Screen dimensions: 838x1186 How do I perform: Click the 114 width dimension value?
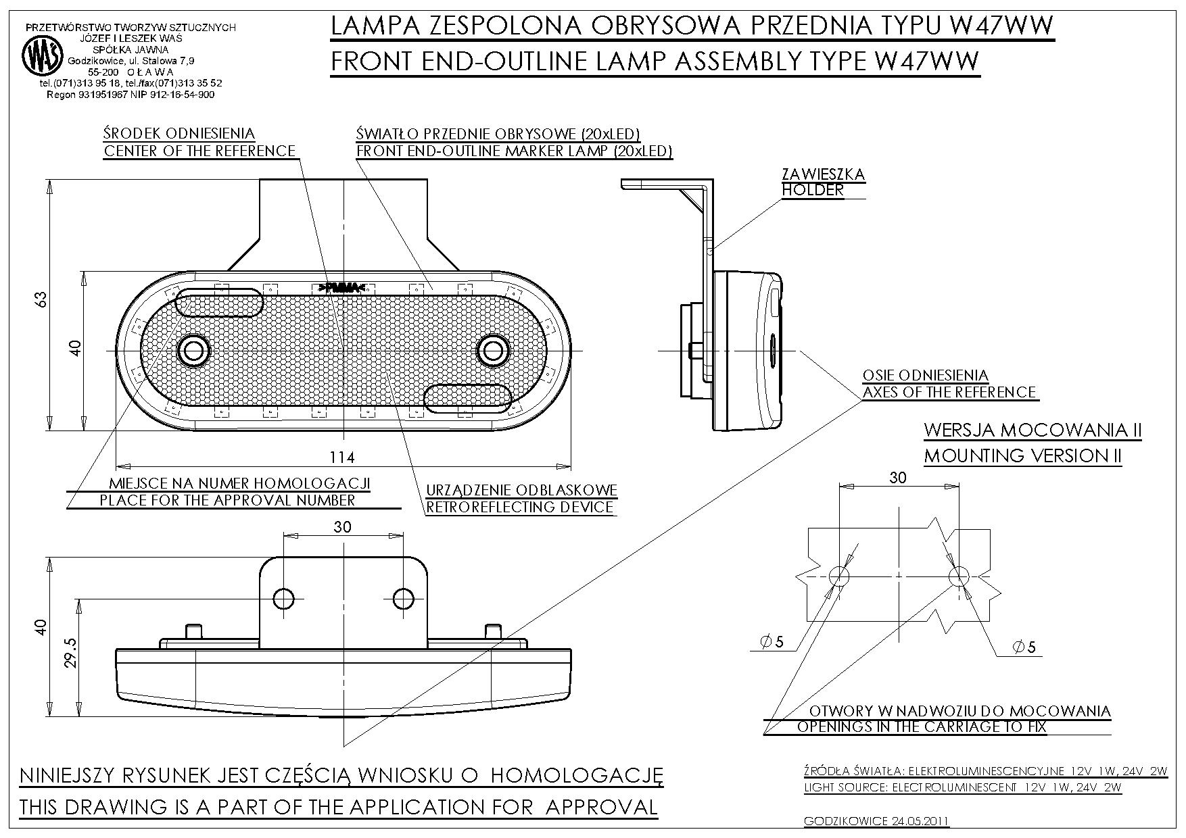pos(342,458)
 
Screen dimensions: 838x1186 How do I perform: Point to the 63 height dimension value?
pos(42,299)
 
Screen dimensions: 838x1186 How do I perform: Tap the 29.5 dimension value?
pos(70,654)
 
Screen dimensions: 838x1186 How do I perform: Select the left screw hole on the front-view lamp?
pos(195,350)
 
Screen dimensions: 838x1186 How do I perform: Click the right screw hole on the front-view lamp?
pos(493,350)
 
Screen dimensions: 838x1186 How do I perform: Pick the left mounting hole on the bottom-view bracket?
pos(283,598)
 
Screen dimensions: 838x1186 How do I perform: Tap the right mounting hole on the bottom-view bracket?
pos(404,598)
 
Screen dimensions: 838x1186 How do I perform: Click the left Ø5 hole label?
pos(772,642)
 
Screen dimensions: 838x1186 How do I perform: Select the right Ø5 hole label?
pos(1024,647)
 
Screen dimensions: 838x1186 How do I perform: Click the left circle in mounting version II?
pos(838,576)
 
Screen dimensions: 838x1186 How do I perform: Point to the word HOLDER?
pos(813,190)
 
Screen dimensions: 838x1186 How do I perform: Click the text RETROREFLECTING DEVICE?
pos(519,507)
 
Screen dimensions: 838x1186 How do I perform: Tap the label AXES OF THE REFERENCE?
pos(949,392)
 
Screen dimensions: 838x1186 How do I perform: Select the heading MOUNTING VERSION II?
pos(1022,455)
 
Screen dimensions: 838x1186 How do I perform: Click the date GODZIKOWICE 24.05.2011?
pos(876,822)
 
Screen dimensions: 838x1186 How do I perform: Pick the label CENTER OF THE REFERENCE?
pos(199,151)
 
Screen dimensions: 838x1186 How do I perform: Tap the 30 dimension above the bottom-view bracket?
pos(342,526)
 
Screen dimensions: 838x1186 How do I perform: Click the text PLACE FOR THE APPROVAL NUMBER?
pos(227,500)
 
